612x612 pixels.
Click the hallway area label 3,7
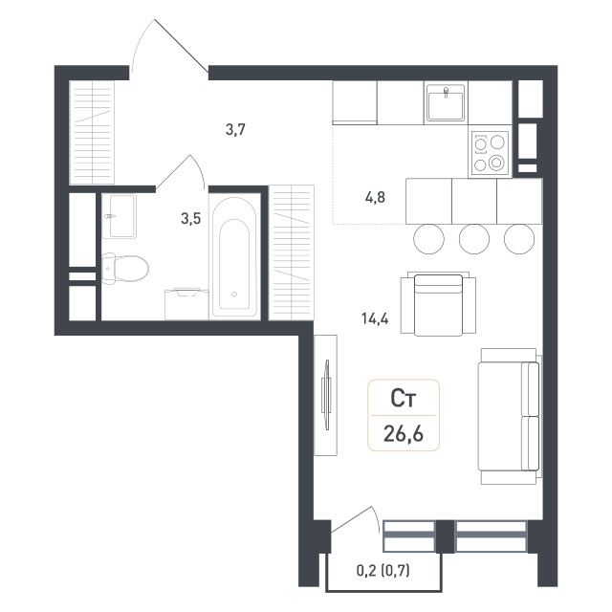tap(236, 129)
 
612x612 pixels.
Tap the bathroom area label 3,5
tap(191, 219)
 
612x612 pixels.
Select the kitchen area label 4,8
tap(375, 198)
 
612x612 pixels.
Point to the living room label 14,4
tap(375, 318)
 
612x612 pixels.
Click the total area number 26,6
tap(404, 433)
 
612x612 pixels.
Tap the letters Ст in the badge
tap(404, 399)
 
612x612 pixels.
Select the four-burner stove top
tap(490, 153)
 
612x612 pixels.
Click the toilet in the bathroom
tap(124, 268)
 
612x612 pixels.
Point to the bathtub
tap(234, 257)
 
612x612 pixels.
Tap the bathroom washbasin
tap(120, 216)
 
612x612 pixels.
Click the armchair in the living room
tap(438, 304)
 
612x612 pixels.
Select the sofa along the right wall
tap(510, 416)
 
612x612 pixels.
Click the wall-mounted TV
tap(325, 395)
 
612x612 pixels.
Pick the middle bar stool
tap(474, 239)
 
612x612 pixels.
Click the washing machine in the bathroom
tap(186, 304)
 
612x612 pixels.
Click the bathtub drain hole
tap(234, 294)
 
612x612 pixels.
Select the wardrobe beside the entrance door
tap(92, 132)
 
